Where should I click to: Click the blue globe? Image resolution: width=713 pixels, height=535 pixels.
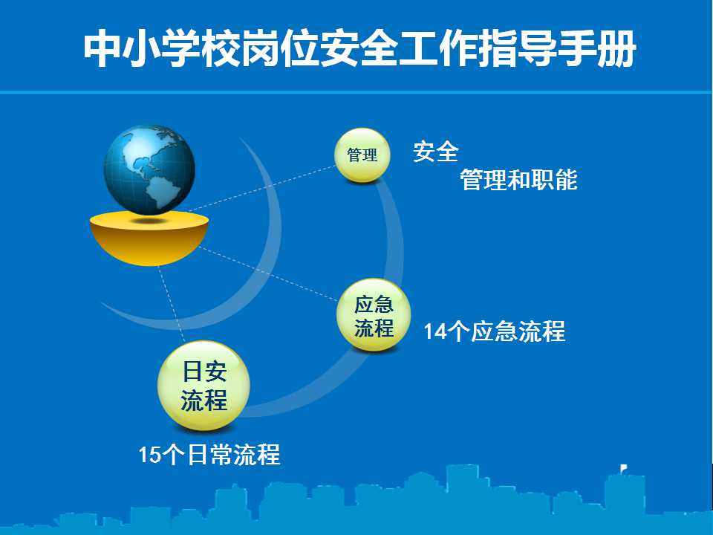(x=149, y=169)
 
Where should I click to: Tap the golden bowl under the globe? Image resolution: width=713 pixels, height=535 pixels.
(x=149, y=239)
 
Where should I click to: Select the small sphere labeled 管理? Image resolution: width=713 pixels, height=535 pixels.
(x=362, y=155)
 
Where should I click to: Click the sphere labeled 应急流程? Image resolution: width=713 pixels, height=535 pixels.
(x=374, y=315)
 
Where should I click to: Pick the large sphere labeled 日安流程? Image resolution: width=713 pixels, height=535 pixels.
(x=204, y=386)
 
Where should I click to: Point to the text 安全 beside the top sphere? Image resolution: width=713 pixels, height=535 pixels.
(x=436, y=152)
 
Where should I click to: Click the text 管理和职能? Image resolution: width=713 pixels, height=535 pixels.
(x=519, y=179)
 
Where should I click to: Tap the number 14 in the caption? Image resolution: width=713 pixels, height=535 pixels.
(x=435, y=331)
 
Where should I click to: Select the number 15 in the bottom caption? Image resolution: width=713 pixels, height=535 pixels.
(x=149, y=455)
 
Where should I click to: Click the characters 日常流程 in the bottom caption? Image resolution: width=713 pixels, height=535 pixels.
(x=234, y=454)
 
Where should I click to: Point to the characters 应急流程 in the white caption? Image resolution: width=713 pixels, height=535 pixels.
(x=518, y=331)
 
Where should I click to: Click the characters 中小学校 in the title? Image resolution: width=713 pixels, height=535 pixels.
(x=162, y=49)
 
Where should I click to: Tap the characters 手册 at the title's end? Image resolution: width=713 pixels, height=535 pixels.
(x=596, y=49)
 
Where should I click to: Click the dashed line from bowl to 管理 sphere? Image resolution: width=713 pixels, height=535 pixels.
(x=261, y=189)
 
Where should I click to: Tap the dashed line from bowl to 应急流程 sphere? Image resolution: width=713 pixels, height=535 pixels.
(x=268, y=273)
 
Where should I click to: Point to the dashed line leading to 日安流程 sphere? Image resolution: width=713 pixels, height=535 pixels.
(x=172, y=305)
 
